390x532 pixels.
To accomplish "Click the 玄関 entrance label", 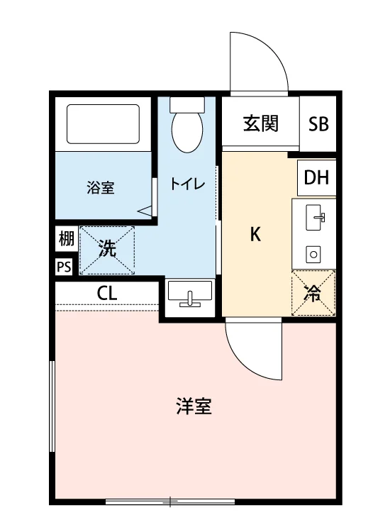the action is point(261,123).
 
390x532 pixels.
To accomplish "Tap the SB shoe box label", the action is point(318,124).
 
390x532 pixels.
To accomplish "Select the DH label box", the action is point(316,177).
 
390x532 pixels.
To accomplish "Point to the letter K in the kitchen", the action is point(255,234).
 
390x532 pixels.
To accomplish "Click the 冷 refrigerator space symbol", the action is point(313,293).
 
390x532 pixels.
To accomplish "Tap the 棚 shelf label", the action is point(67,238).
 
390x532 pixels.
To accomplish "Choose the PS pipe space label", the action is point(64,267).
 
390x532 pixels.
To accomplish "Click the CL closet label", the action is point(107,293).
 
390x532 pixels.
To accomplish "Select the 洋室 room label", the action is point(194,406).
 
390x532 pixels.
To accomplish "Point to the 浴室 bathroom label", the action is point(101,188).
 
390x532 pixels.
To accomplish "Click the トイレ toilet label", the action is point(187,184).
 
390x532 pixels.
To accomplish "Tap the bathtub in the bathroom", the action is point(103,124).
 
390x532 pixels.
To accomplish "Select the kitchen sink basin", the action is point(313,218).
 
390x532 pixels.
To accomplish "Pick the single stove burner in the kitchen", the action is point(313,254).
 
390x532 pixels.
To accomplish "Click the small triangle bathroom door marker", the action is point(145,211).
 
